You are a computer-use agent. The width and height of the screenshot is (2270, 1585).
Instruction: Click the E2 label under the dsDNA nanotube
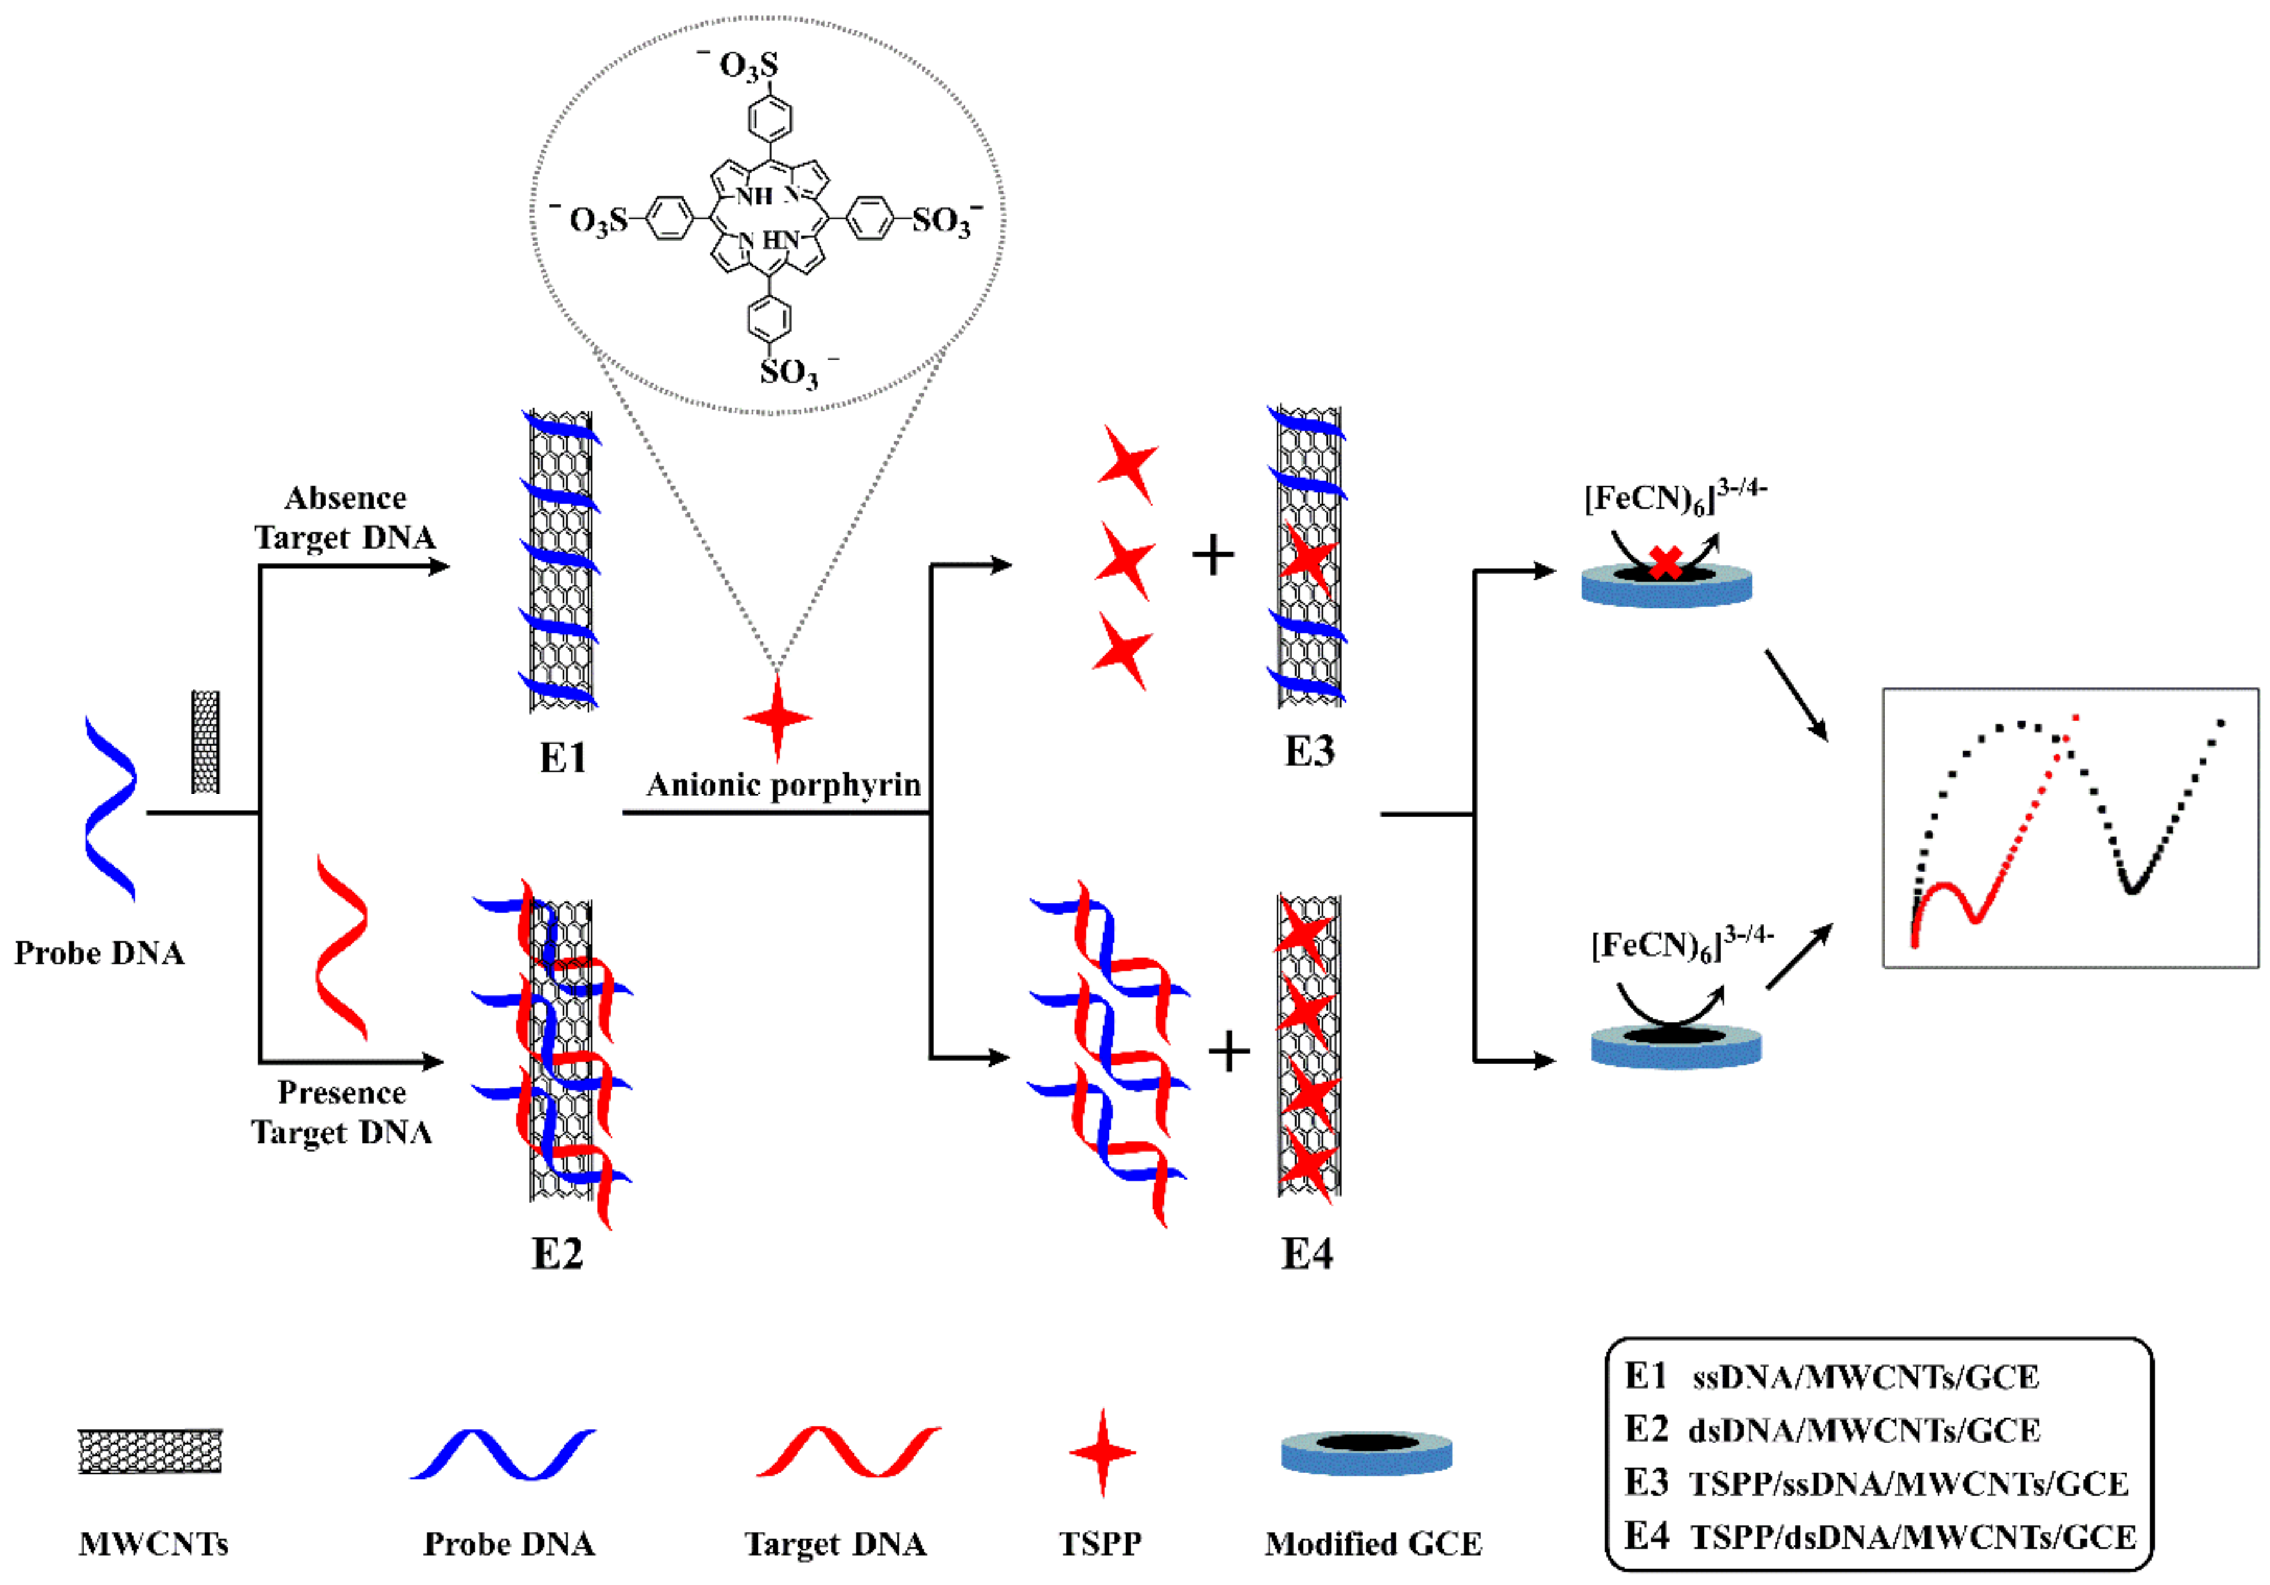557,1254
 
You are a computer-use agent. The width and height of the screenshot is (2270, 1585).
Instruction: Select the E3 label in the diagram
1309,751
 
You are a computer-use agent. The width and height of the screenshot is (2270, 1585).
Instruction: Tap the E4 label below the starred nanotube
1307,1254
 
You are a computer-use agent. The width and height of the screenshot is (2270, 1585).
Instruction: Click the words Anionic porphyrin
783,785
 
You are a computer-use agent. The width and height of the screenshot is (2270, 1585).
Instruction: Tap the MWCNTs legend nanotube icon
150,1451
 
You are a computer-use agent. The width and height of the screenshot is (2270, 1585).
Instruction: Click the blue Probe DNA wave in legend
503,1454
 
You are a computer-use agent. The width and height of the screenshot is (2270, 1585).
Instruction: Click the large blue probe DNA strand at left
110,809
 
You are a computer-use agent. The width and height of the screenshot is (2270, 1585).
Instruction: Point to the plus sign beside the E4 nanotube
1229,1051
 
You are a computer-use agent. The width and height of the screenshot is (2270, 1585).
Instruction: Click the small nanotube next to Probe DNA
205,741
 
